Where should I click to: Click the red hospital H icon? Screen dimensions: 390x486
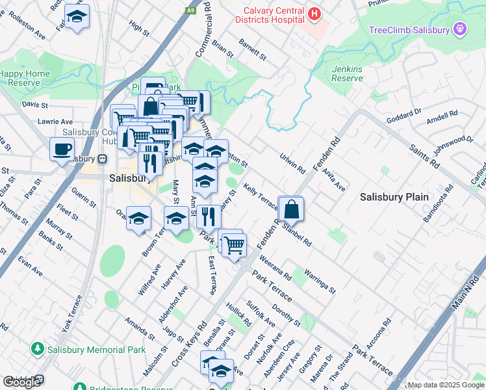tap(314, 14)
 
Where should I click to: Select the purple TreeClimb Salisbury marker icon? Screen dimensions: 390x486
tap(461, 29)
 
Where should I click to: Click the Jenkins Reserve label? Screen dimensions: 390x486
tap(347, 73)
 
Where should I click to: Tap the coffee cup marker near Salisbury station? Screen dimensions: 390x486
tap(62, 149)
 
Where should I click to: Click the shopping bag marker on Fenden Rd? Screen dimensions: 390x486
tap(290, 209)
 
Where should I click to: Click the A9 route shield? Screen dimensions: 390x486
tap(190, 10)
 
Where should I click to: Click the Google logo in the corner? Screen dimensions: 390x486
tap(21, 382)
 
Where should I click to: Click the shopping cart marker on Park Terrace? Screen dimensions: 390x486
tap(234, 245)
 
